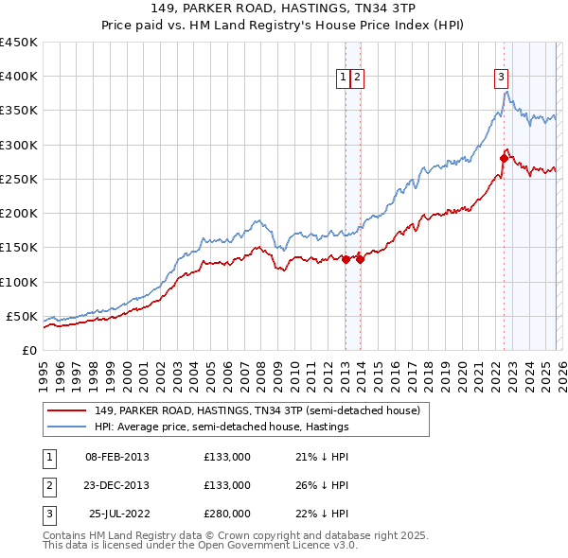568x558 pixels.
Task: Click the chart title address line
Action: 283,9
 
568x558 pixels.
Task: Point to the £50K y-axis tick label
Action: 22,316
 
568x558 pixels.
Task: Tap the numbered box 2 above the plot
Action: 358,79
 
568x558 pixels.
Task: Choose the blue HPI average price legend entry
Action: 222,427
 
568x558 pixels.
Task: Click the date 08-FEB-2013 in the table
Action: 116,457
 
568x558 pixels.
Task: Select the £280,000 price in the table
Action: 227,514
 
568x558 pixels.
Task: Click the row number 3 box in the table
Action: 48,514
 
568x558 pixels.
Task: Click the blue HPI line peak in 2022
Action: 507,92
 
